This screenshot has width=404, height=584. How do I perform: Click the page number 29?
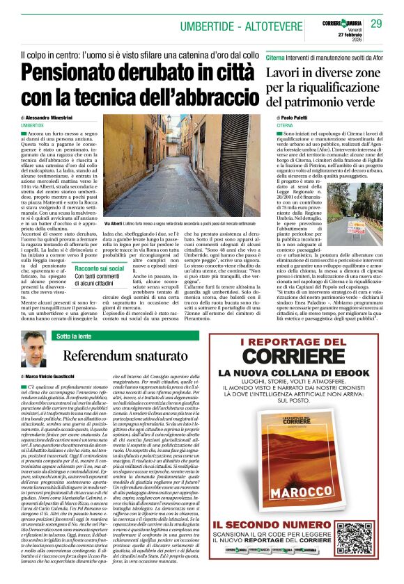[x=376, y=24]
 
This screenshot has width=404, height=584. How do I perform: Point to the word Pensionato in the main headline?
[x=77, y=73]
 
